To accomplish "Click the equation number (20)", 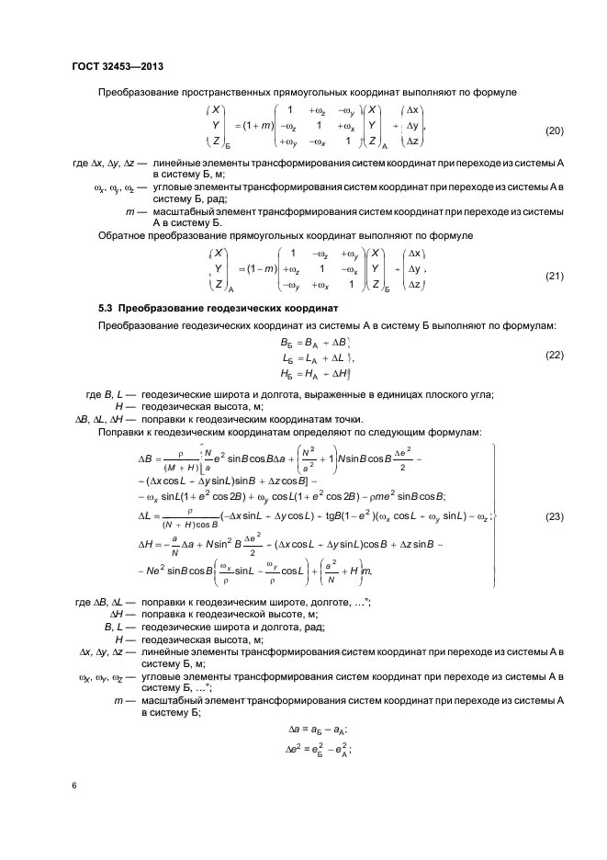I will pos(556,130).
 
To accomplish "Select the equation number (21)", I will pos(556,275).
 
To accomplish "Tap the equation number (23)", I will pos(556,516).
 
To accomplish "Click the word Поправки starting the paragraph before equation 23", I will pos(125,431).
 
